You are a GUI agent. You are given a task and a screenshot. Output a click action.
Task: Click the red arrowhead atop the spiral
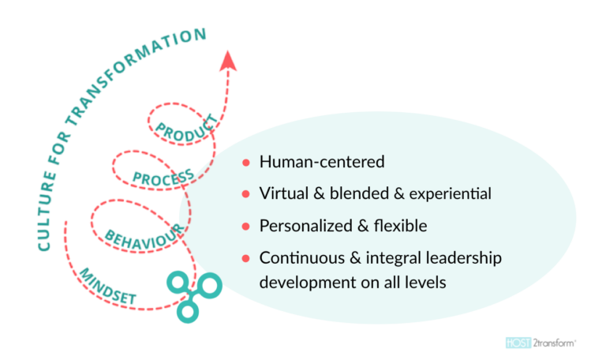(228, 60)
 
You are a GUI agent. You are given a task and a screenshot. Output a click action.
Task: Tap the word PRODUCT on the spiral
(185, 129)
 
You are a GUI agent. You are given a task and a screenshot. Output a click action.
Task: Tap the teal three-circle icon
(187, 294)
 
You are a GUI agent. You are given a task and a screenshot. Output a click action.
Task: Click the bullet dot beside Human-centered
(246, 163)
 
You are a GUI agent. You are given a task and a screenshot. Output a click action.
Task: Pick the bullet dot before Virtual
(246, 194)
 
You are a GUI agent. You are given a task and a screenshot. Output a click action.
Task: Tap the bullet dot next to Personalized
(246, 227)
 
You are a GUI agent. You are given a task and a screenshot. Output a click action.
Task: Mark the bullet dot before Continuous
(246, 258)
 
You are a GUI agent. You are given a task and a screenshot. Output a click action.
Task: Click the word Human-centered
(322, 163)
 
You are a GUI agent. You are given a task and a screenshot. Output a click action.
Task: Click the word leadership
(464, 258)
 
